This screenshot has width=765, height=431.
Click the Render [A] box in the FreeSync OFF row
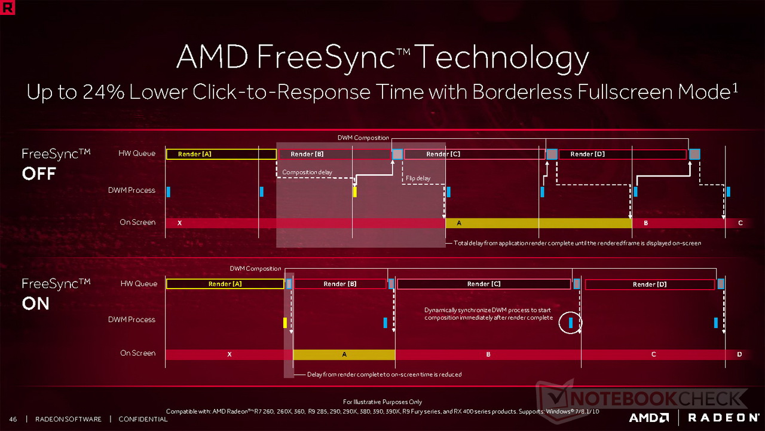tap(221, 154)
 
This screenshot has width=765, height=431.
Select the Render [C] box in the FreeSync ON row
tap(484, 284)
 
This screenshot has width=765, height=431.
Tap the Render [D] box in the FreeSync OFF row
tap(622, 154)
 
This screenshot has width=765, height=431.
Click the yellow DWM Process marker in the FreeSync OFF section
tap(354, 192)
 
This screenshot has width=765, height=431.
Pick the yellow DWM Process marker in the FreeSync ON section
tap(285, 323)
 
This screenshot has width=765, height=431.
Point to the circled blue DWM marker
tap(571, 323)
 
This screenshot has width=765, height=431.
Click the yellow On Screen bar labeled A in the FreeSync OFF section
tap(538, 223)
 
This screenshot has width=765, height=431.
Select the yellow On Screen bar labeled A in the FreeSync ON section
tap(344, 354)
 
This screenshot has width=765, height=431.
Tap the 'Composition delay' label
tap(307, 172)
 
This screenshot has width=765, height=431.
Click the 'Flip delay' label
tap(418, 178)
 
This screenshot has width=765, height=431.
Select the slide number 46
tap(13, 419)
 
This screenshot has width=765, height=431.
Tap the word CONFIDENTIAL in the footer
tap(143, 419)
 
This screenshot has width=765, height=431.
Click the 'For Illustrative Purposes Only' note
tap(382, 402)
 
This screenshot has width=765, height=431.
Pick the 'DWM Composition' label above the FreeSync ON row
tap(255, 269)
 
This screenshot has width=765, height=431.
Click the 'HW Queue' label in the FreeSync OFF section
tap(137, 153)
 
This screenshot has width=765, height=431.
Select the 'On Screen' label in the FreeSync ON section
tap(137, 353)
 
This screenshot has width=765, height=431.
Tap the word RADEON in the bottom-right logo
tap(724, 417)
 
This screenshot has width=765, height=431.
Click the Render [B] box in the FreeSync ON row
tap(339, 284)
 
